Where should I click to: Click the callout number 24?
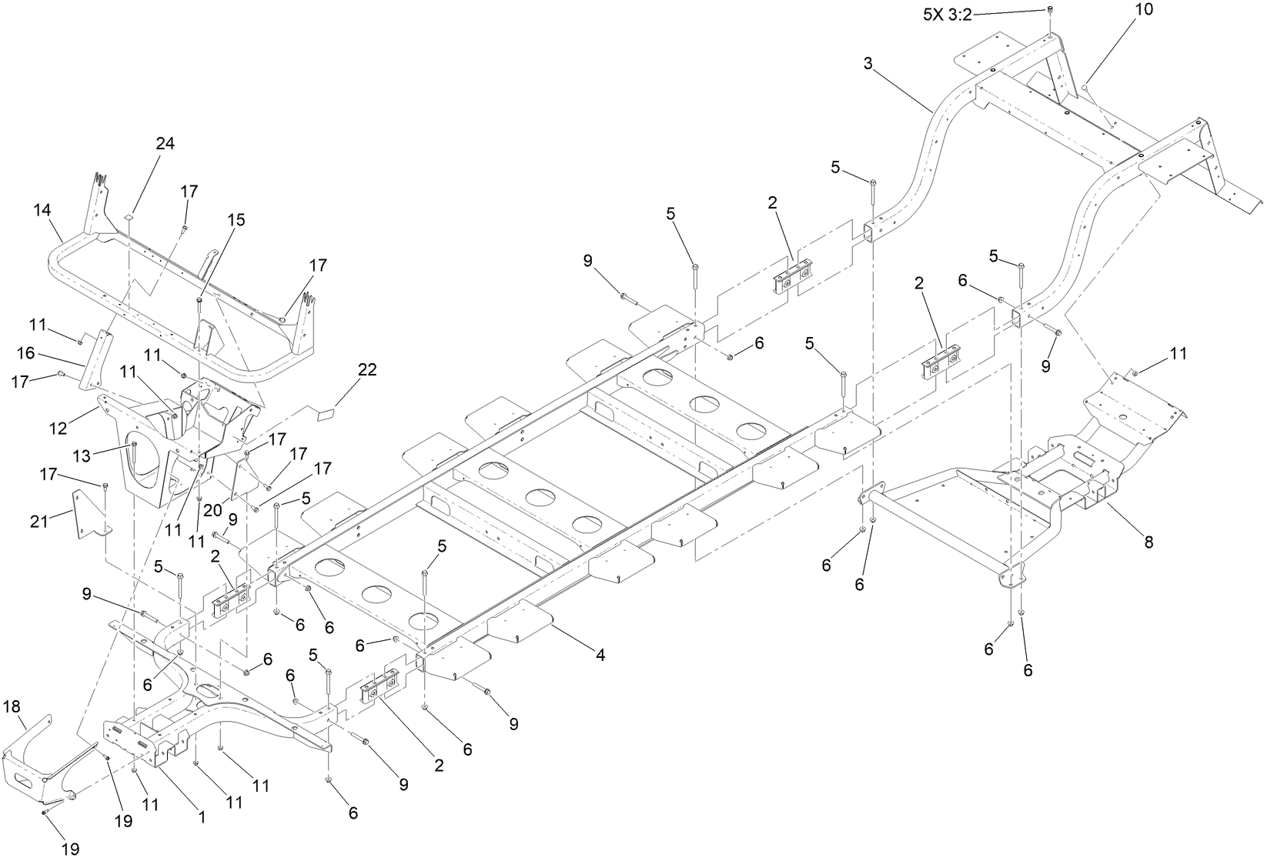click(166, 144)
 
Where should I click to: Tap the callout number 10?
click(1144, 9)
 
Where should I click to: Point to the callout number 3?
click(868, 64)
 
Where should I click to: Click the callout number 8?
click(1149, 542)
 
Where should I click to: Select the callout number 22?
click(367, 369)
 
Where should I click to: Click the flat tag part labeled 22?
click(326, 413)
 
